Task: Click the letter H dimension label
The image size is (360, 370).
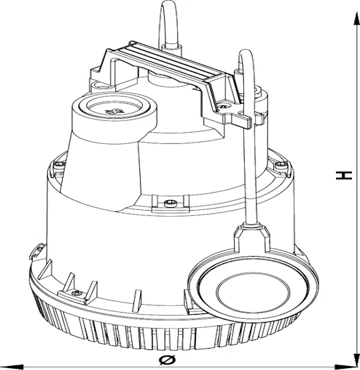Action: (344, 175)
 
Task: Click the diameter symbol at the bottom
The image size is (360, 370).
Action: (167, 360)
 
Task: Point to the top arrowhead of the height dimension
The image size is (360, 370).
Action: (356, 19)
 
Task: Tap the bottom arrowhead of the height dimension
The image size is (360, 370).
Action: (356, 360)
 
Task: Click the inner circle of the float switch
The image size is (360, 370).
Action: (253, 293)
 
